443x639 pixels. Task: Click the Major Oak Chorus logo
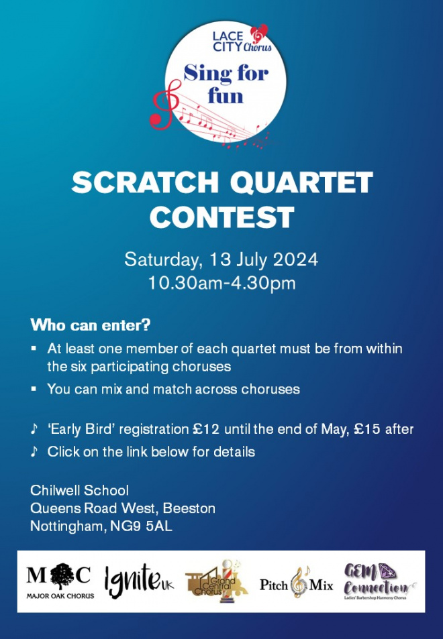(60, 581)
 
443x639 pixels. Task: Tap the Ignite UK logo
(139, 583)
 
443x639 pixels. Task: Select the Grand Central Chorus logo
(217, 581)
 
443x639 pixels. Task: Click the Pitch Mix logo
(296, 583)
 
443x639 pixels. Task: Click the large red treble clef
(166, 105)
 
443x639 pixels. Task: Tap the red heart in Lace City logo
(258, 34)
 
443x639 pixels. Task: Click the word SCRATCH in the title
(146, 182)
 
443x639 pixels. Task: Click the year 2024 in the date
(295, 259)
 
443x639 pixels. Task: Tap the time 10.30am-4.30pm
(222, 283)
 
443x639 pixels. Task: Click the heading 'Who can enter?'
(91, 325)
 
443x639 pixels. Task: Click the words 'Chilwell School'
(80, 490)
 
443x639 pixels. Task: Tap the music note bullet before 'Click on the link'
(34, 451)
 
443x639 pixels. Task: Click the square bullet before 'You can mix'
(34, 389)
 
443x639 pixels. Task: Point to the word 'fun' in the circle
(226, 96)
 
